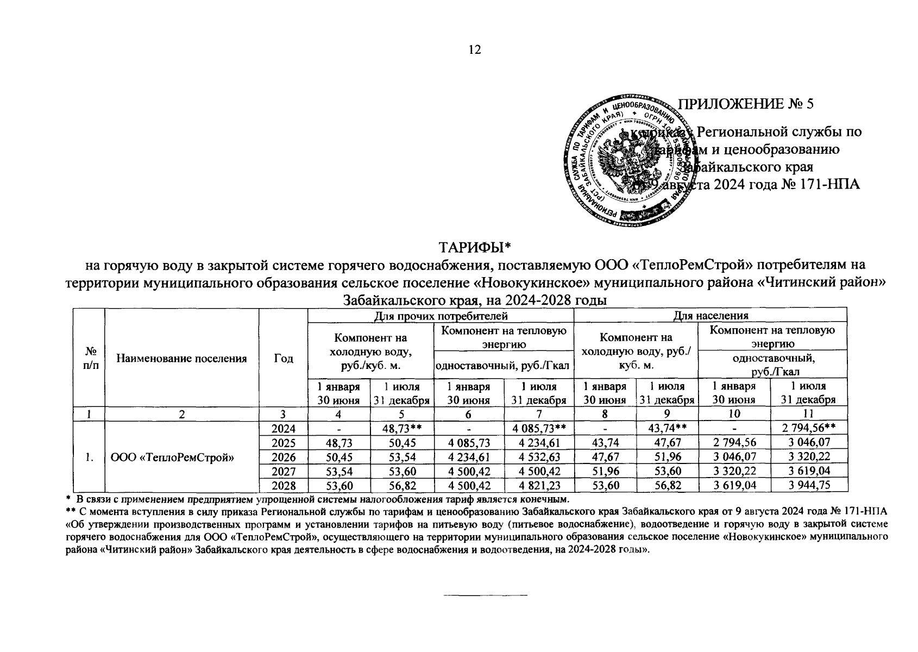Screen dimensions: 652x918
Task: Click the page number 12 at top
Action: pos(474,50)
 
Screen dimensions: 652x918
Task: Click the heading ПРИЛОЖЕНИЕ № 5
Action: pos(747,104)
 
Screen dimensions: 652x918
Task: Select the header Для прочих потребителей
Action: pos(441,316)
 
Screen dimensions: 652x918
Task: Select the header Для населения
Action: pos(710,316)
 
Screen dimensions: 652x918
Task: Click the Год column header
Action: pos(283,358)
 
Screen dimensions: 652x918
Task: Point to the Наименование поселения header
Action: pos(181,358)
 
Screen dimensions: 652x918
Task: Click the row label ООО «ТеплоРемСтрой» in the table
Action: pos(172,457)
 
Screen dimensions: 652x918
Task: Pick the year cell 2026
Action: pos(283,456)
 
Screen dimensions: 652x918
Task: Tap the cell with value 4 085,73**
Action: pos(539,428)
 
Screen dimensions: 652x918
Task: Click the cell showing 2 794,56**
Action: pos(809,428)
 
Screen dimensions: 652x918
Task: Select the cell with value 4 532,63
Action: pos(539,456)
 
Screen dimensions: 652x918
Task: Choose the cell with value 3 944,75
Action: pos(809,485)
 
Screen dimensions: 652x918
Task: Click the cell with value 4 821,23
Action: pos(539,485)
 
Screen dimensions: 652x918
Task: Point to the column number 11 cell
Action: pos(809,414)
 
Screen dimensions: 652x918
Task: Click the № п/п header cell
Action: pos(89,358)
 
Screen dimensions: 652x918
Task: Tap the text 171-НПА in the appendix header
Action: pos(831,185)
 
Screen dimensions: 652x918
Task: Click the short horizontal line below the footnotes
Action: pos(486,596)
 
